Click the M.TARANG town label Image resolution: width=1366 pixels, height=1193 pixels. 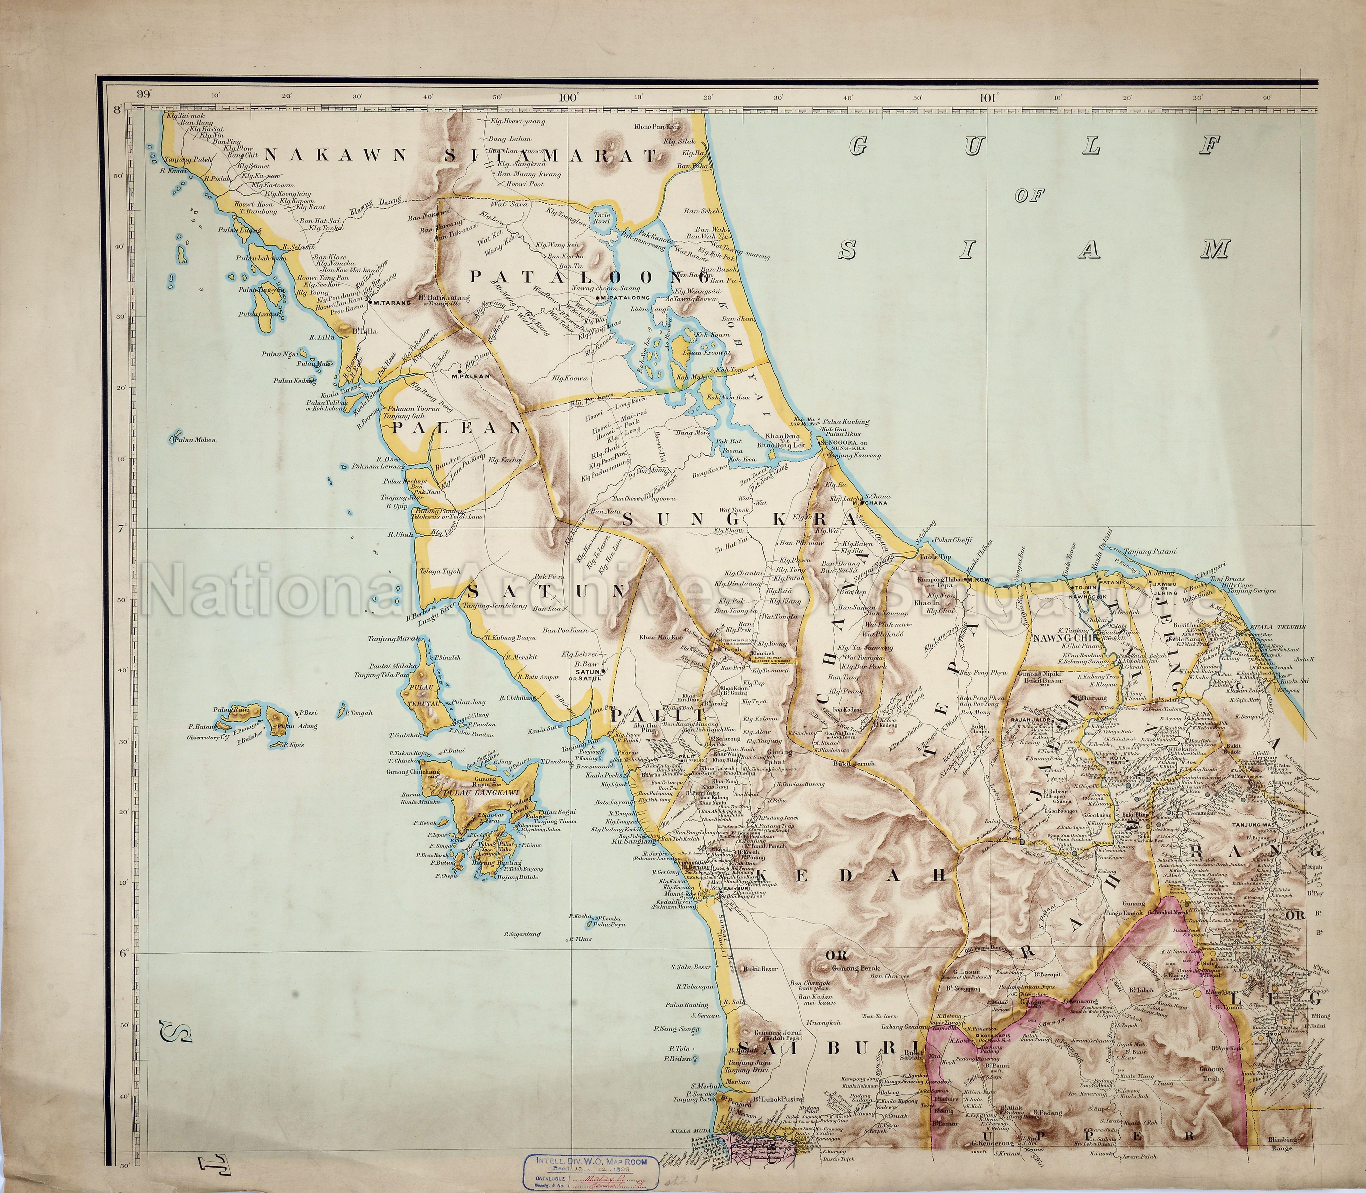coord(389,302)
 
